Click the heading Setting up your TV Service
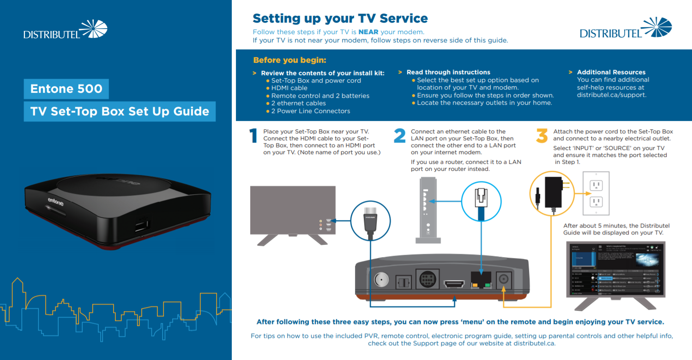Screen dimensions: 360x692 click(x=340, y=18)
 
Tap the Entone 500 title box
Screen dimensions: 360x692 click(x=66, y=89)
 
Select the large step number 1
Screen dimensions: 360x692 click(x=253, y=136)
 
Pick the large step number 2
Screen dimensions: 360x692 click(x=399, y=136)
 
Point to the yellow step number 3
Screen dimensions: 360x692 click(x=542, y=136)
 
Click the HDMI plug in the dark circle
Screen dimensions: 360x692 click(x=370, y=222)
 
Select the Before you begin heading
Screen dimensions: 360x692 click(x=289, y=60)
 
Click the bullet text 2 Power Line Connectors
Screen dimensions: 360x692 click(x=310, y=111)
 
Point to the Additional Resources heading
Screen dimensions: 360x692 click(x=611, y=72)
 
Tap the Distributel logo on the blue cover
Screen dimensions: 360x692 click(x=66, y=30)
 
